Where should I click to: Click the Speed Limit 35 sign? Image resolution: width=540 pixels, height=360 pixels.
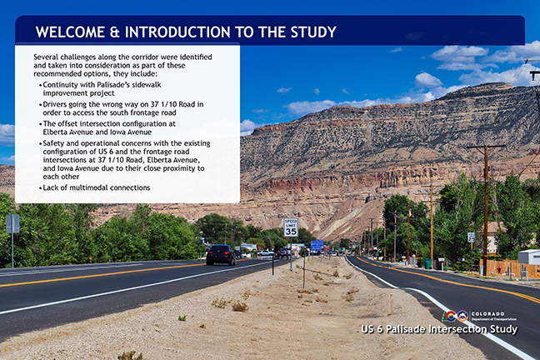pos(291,227)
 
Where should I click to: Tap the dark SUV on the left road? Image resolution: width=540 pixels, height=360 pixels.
pos(221,254)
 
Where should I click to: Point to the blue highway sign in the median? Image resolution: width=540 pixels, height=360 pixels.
pos(317,245)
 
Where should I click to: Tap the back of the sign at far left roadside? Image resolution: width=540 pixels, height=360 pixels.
pos(12,223)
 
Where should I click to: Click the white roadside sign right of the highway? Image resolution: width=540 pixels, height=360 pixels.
pos(471,237)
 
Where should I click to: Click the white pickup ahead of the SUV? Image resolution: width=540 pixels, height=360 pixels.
pos(265,252)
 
